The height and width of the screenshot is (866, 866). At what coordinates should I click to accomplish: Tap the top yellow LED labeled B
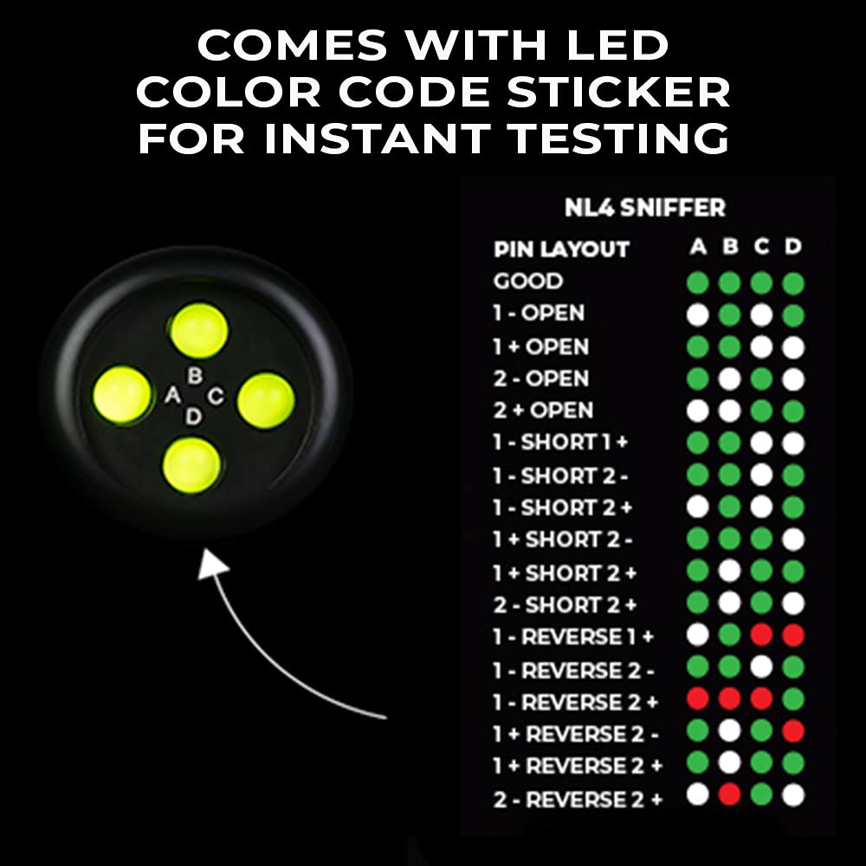(x=198, y=329)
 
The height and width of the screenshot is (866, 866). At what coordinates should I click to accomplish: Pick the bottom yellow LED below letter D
(x=191, y=463)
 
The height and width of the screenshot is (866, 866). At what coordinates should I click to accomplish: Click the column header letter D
(x=792, y=248)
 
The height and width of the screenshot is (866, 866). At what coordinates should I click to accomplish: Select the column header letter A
(x=697, y=248)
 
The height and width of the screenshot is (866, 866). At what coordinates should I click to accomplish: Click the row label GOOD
(x=527, y=281)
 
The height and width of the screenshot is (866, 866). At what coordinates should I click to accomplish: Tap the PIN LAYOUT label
(x=560, y=249)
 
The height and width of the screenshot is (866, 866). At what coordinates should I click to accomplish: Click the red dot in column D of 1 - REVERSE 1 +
(x=792, y=636)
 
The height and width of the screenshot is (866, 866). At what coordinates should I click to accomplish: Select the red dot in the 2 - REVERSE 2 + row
(x=729, y=795)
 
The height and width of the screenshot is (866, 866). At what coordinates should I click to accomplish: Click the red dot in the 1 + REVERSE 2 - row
(x=792, y=732)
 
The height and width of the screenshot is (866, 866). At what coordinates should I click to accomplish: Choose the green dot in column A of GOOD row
(x=697, y=283)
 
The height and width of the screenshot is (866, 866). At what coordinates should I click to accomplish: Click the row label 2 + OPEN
(x=543, y=410)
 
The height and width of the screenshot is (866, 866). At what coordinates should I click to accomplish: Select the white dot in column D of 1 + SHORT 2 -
(x=792, y=540)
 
